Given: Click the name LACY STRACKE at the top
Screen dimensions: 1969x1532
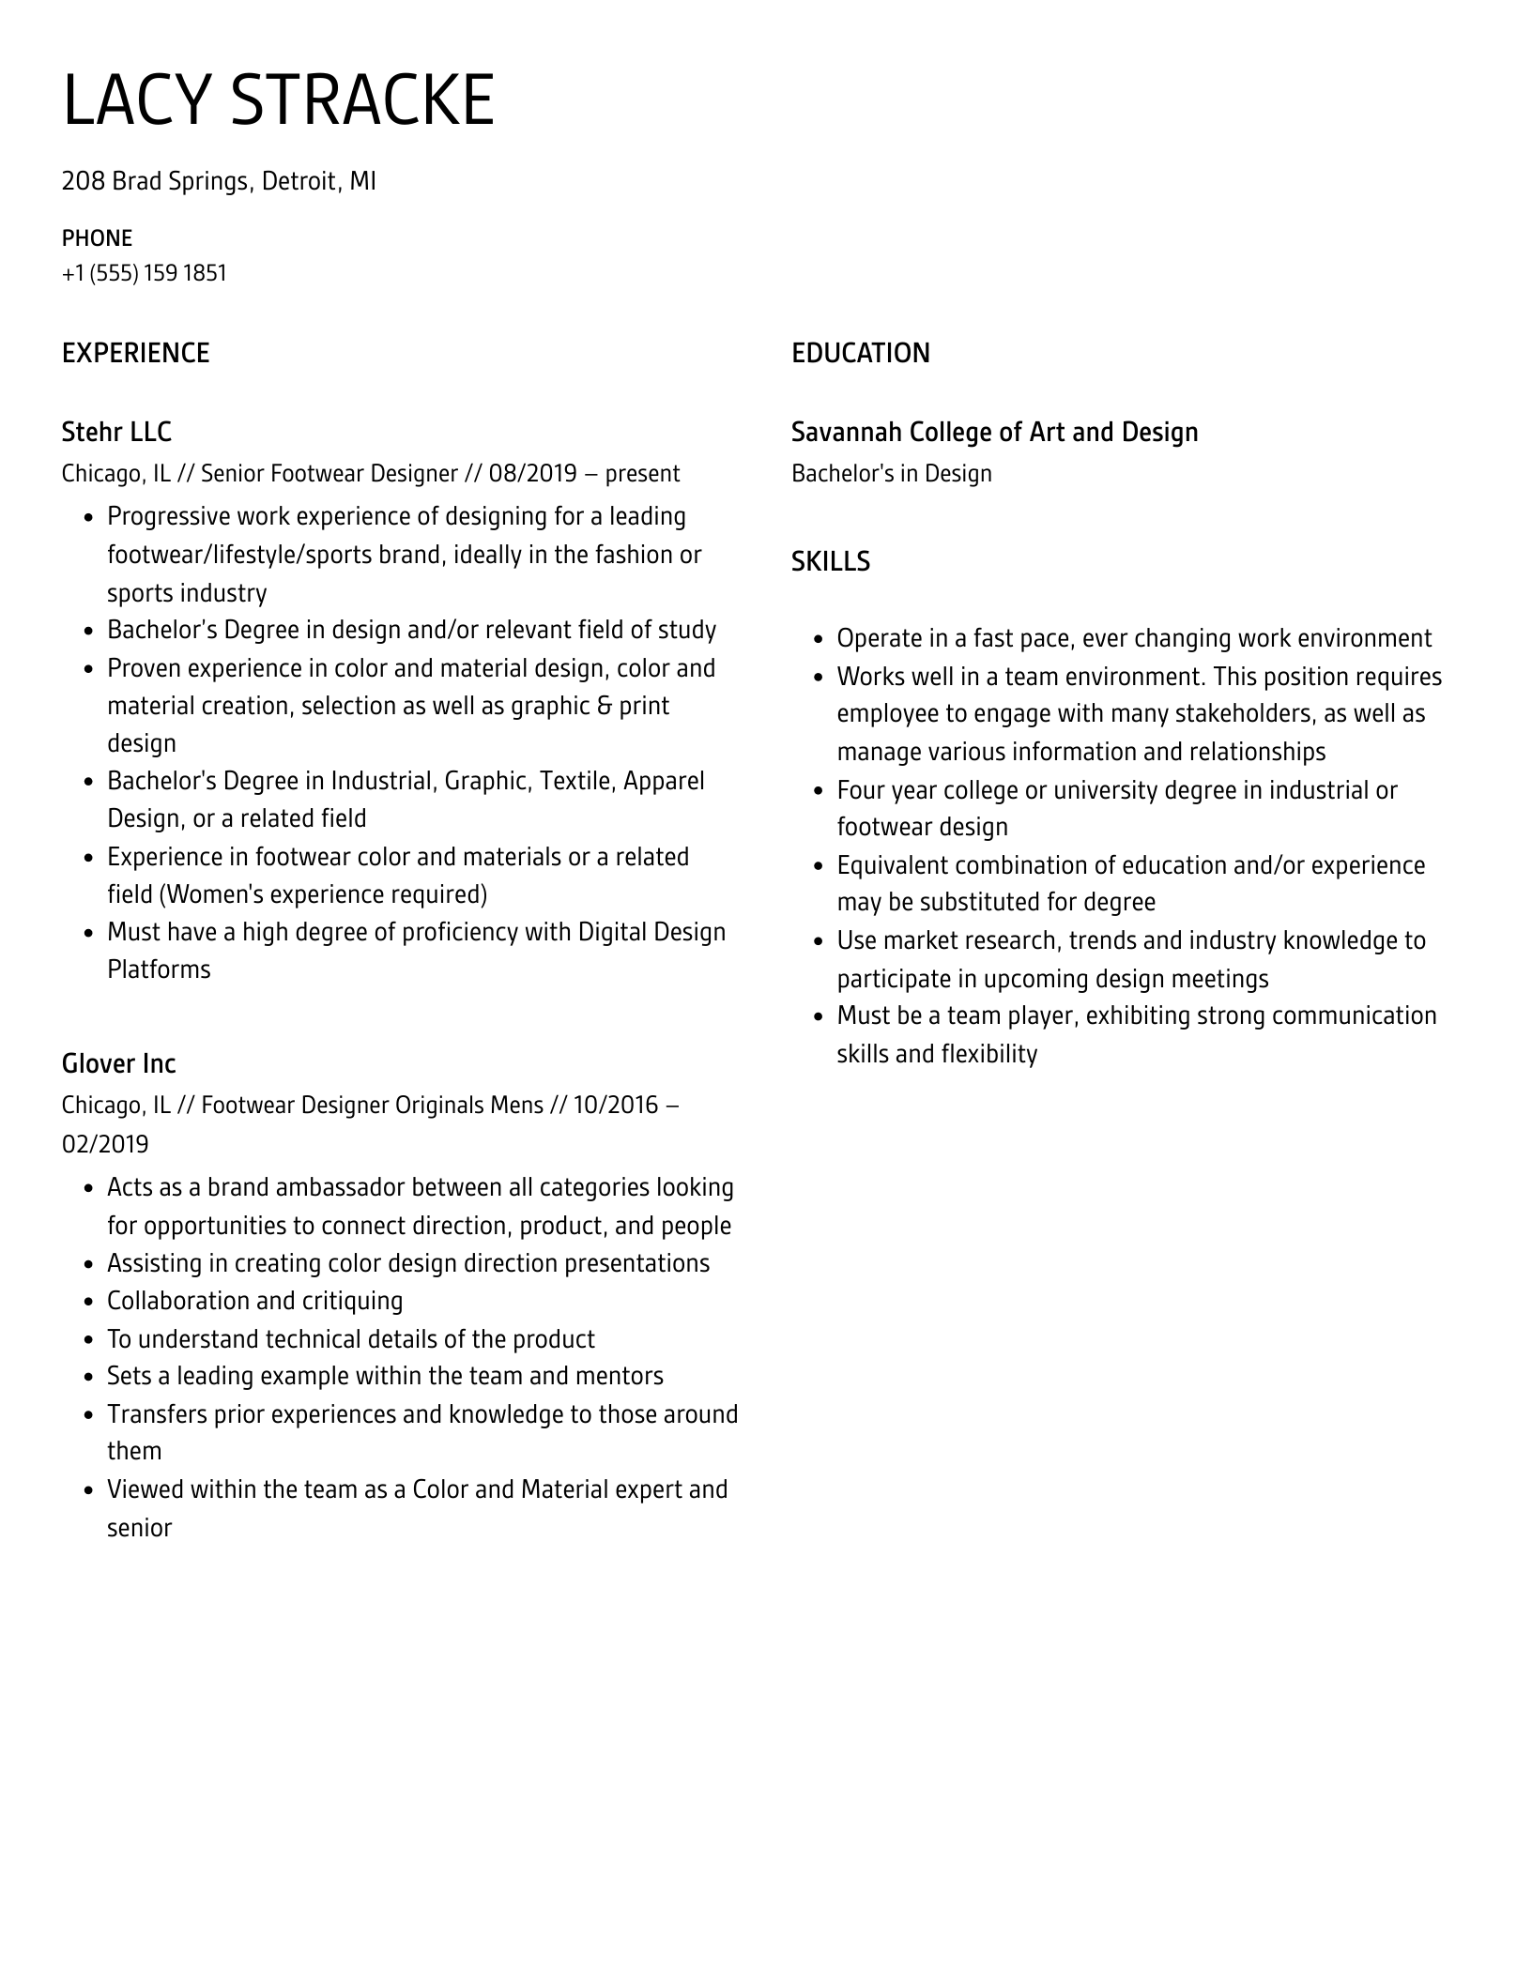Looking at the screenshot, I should pyautogui.click(x=278, y=99).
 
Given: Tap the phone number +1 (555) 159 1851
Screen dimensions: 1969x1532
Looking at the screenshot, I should pyautogui.click(x=144, y=273).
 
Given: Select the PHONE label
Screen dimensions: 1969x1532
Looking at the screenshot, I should pyautogui.click(x=97, y=238).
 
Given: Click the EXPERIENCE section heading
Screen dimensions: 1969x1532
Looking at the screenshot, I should pyautogui.click(x=135, y=353).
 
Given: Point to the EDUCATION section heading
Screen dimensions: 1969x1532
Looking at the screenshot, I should pyautogui.click(x=860, y=353).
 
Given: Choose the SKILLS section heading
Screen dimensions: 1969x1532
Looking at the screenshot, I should pyautogui.click(x=830, y=561).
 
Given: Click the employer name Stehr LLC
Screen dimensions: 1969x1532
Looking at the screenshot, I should pyautogui.click(x=116, y=432).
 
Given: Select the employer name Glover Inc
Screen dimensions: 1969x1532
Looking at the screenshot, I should pyautogui.click(x=118, y=1063).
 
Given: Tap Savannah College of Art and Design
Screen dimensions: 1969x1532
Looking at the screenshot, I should pyautogui.click(x=994, y=432).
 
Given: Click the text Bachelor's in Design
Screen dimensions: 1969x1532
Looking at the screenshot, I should pyautogui.click(x=891, y=473).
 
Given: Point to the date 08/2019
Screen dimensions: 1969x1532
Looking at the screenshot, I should pyautogui.click(x=532, y=473).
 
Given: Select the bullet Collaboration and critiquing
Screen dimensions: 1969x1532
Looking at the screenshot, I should pyautogui.click(x=254, y=1301).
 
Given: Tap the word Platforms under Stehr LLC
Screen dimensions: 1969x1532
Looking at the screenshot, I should pyautogui.click(x=159, y=969).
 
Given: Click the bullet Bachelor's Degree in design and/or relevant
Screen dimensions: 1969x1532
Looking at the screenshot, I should pyautogui.click(x=411, y=630).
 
